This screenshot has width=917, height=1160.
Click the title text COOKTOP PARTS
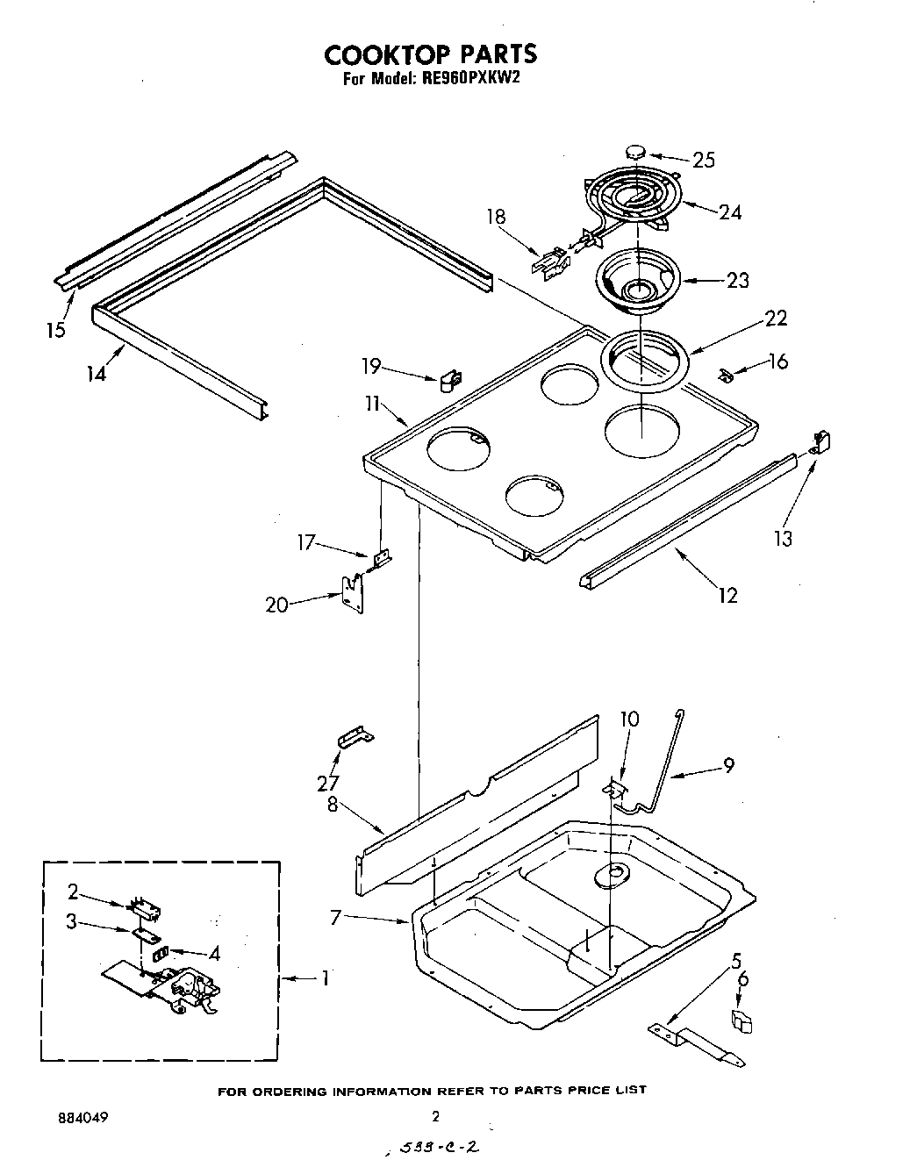click(x=430, y=54)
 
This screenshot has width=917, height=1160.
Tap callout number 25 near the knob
click(x=704, y=160)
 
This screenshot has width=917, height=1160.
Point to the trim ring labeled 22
click(x=645, y=360)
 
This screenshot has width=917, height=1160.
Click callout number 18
click(x=496, y=217)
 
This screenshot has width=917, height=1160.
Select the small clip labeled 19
click(x=451, y=381)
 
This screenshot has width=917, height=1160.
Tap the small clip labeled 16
click(x=724, y=376)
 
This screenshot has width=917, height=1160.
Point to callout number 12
click(x=727, y=595)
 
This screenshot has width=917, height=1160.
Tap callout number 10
click(x=628, y=720)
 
